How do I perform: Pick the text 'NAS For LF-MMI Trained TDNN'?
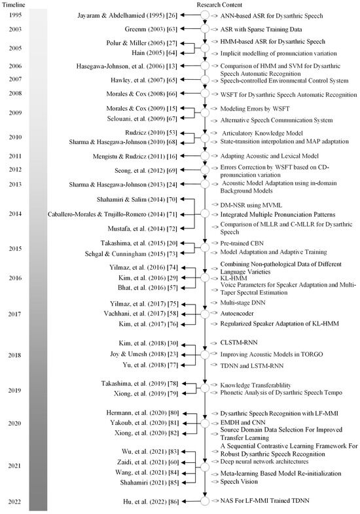click(x=262, y=501)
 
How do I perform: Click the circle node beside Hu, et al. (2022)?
click(x=204, y=501)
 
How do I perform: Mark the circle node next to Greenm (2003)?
click(x=204, y=30)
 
